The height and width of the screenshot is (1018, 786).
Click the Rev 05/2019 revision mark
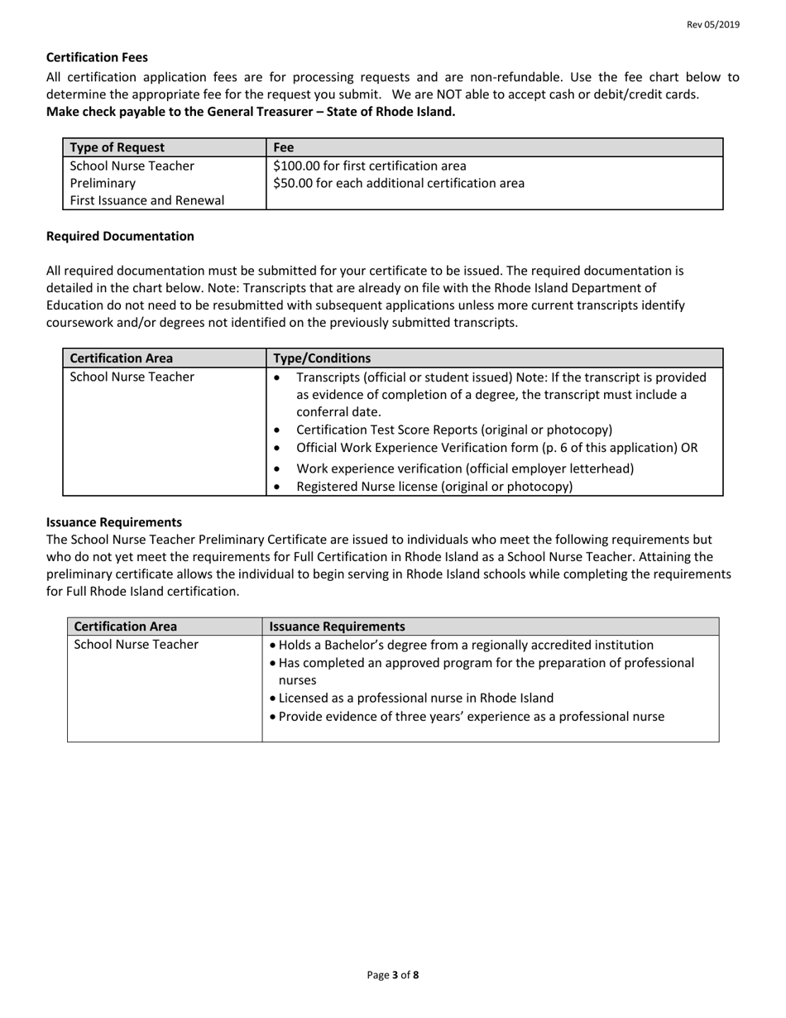(713, 25)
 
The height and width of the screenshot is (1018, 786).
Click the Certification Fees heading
(97, 57)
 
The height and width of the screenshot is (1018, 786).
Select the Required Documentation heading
(120, 236)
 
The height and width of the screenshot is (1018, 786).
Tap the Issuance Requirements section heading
(114, 522)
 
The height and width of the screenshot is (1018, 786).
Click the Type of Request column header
(117, 147)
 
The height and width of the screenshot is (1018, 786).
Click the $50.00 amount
(293, 183)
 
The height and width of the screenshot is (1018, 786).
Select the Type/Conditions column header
(322, 358)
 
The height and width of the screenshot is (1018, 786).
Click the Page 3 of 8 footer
(393, 975)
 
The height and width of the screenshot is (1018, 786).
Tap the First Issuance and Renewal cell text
(146, 200)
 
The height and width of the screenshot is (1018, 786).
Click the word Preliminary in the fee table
(103, 183)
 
